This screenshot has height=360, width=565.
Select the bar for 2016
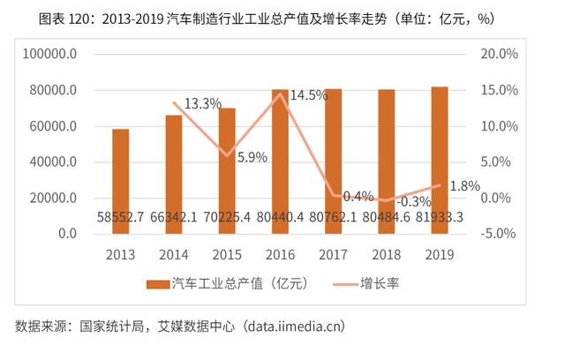pyautogui.click(x=280, y=150)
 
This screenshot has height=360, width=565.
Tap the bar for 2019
pyautogui.click(x=439, y=150)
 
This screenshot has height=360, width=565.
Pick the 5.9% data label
pyautogui.click(x=250, y=158)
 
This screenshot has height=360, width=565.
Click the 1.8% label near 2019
pyautogui.click(x=464, y=186)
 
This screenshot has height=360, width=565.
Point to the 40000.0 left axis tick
pyautogui.click(x=52, y=162)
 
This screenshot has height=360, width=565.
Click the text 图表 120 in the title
pyautogui.click(x=72, y=19)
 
